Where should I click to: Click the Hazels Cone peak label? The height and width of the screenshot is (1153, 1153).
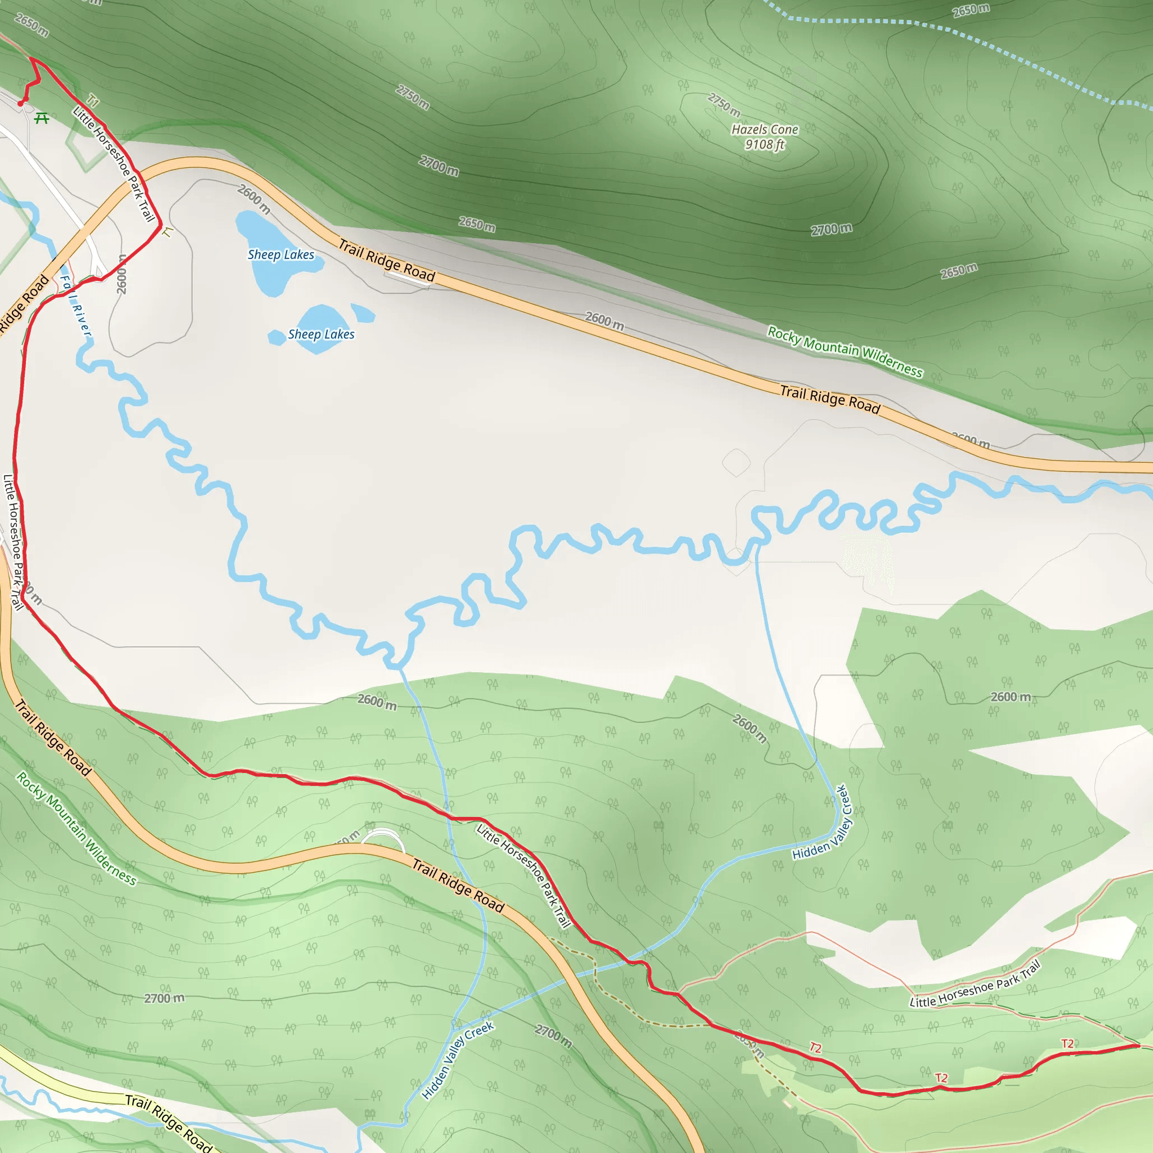pyautogui.click(x=765, y=137)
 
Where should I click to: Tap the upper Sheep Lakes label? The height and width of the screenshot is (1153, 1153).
pyautogui.click(x=280, y=255)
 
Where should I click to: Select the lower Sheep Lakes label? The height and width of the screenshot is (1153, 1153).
pyautogui.click(x=321, y=334)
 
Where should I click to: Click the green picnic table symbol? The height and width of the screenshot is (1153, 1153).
pyautogui.click(x=41, y=118)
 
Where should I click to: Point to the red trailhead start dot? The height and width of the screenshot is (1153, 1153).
pyautogui.click(x=21, y=103)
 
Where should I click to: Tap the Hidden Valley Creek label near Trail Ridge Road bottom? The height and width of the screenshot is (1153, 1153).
pyautogui.click(x=457, y=1060)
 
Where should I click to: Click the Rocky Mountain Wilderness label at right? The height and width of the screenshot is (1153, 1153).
pyautogui.click(x=844, y=351)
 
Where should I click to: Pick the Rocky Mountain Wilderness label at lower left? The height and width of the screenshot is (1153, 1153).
pyautogui.click(x=77, y=828)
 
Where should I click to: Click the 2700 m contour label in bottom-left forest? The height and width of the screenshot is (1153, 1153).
pyautogui.click(x=164, y=998)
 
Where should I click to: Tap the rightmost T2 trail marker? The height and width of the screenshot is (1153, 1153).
pyautogui.click(x=1067, y=1043)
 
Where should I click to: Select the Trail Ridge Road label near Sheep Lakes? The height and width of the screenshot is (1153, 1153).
pyautogui.click(x=387, y=260)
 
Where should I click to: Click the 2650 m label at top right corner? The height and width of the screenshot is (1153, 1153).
pyautogui.click(x=971, y=10)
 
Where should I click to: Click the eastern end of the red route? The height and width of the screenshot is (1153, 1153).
pyautogui.click(x=1138, y=1045)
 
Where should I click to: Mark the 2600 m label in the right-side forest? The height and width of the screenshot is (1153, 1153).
pyautogui.click(x=1011, y=696)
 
